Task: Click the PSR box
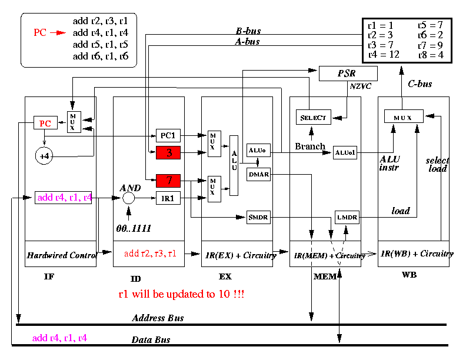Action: (x=348, y=74)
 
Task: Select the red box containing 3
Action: (x=168, y=153)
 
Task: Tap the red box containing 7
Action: (x=168, y=181)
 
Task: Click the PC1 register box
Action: (x=168, y=135)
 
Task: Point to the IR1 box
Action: (x=168, y=198)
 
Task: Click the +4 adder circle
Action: (x=44, y=156)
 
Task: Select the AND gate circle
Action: (x=129, y=198)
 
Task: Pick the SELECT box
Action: (x=314, y=117)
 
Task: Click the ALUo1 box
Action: (x=345, y=153)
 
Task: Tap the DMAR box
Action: (x=258, y=174)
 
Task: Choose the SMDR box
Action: (x=258, y=217)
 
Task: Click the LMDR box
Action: (x=347, y=217)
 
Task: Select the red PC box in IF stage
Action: (x=45, y=123)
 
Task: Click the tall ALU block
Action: (x=234, y=165)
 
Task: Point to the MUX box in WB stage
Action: (x=404, y=116)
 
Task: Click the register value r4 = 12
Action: (x=384, y=55)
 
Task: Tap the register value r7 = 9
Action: (x=431, y=45)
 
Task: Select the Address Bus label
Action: (x=158, y=318)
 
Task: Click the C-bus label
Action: (x=420, y=84)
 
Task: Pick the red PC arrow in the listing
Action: (x=58, y=33)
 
